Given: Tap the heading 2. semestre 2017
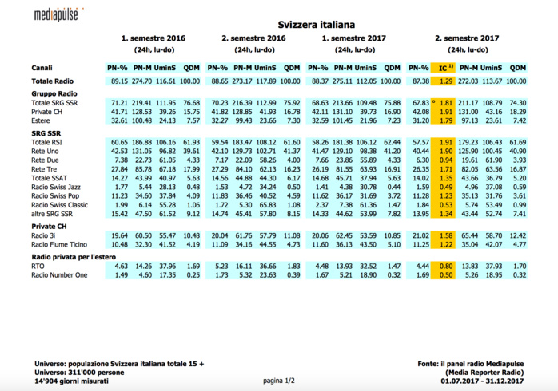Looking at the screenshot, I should pos(467,38).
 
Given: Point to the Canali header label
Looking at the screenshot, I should pos(43,67).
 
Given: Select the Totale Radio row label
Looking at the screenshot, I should pos(54,81).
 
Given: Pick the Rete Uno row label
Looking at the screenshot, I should pos(46,152).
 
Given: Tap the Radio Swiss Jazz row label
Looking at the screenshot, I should pos(58,187).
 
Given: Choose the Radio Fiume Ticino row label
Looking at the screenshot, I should pos(62,245).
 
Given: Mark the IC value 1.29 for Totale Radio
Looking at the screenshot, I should pos(447,81).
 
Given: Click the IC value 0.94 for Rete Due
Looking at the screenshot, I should pos(447,160).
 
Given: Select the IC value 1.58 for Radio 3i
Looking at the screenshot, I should pos(447,236).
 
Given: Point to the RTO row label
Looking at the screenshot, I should pos(39,267).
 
